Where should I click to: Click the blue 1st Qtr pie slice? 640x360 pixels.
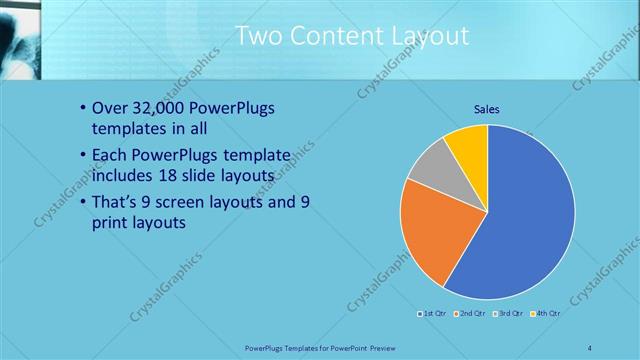coord(520,220)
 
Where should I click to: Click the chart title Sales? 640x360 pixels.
coord(487,109)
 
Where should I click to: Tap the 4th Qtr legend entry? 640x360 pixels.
coord(546,313)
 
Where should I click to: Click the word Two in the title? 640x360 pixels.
coord(259,36)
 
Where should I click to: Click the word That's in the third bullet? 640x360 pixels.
coord(119,203)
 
